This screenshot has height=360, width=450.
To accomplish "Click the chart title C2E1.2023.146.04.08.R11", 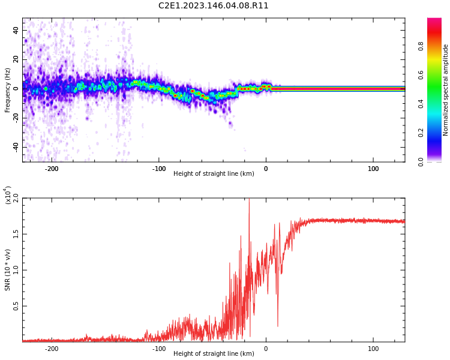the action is [x=213, y=6].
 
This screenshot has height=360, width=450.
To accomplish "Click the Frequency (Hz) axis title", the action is [x=7, y=90].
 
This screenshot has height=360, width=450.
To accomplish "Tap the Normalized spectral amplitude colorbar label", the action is [x=445, y=90].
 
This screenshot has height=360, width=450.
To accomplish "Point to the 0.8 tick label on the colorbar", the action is [x=421, y=46].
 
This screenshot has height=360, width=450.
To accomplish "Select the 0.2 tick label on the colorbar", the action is [x=421, y=133].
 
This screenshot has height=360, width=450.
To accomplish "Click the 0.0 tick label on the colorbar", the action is [x=421, y=162].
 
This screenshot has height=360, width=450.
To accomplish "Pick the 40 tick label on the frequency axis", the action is [x=16, y=30].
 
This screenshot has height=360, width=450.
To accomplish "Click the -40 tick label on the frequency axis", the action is [x=16, y=148].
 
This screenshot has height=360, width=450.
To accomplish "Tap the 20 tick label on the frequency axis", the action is [x=16, y=59].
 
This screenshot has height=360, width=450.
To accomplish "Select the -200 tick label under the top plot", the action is [x=52, y=169].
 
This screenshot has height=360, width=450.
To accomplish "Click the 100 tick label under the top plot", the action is [x=373, y=169].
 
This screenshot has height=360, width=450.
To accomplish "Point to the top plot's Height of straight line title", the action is [x=214, y=173].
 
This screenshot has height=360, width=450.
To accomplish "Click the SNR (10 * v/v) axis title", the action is [x=7, y=270].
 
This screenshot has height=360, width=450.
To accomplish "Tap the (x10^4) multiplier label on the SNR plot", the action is [x=7, y=195].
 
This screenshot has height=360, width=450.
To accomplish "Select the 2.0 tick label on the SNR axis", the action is [x=16, y=198].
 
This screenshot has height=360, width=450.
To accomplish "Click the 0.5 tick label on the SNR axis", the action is [x=16, y=306].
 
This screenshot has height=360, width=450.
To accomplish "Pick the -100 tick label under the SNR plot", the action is [x=159, y=349].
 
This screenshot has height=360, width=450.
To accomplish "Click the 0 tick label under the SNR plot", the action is [x=266, y=349].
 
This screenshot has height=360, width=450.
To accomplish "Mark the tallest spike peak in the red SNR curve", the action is [x=249, y=199].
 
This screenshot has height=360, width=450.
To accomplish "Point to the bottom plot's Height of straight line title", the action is [x=214, y=353].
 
